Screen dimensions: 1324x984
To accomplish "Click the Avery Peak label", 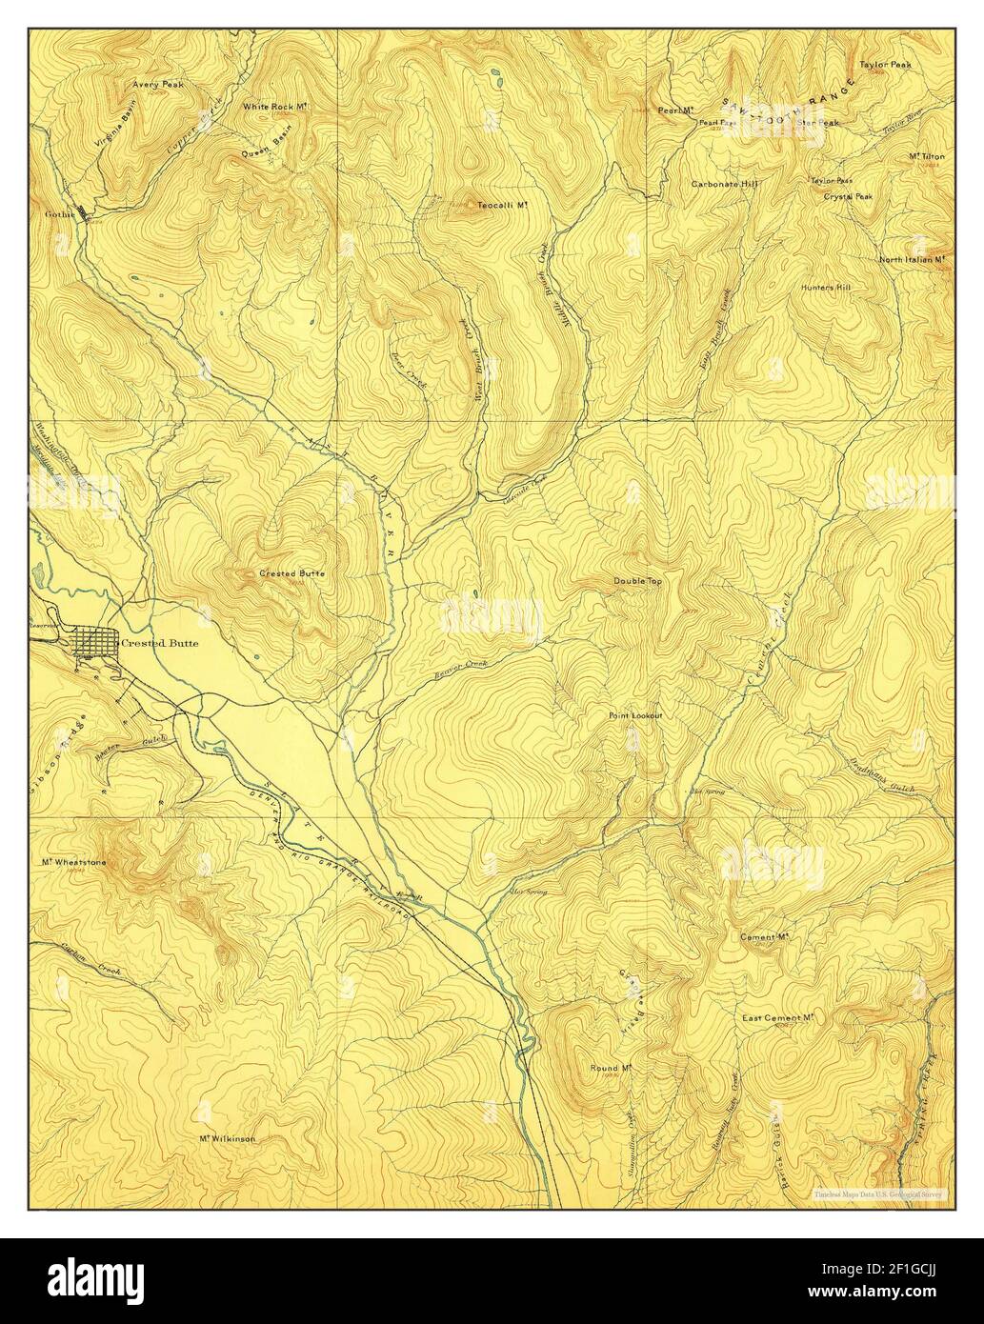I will pos(159,85).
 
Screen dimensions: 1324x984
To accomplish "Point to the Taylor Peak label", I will pos(886,65).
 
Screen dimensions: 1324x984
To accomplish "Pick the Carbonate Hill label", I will pos(724,183).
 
